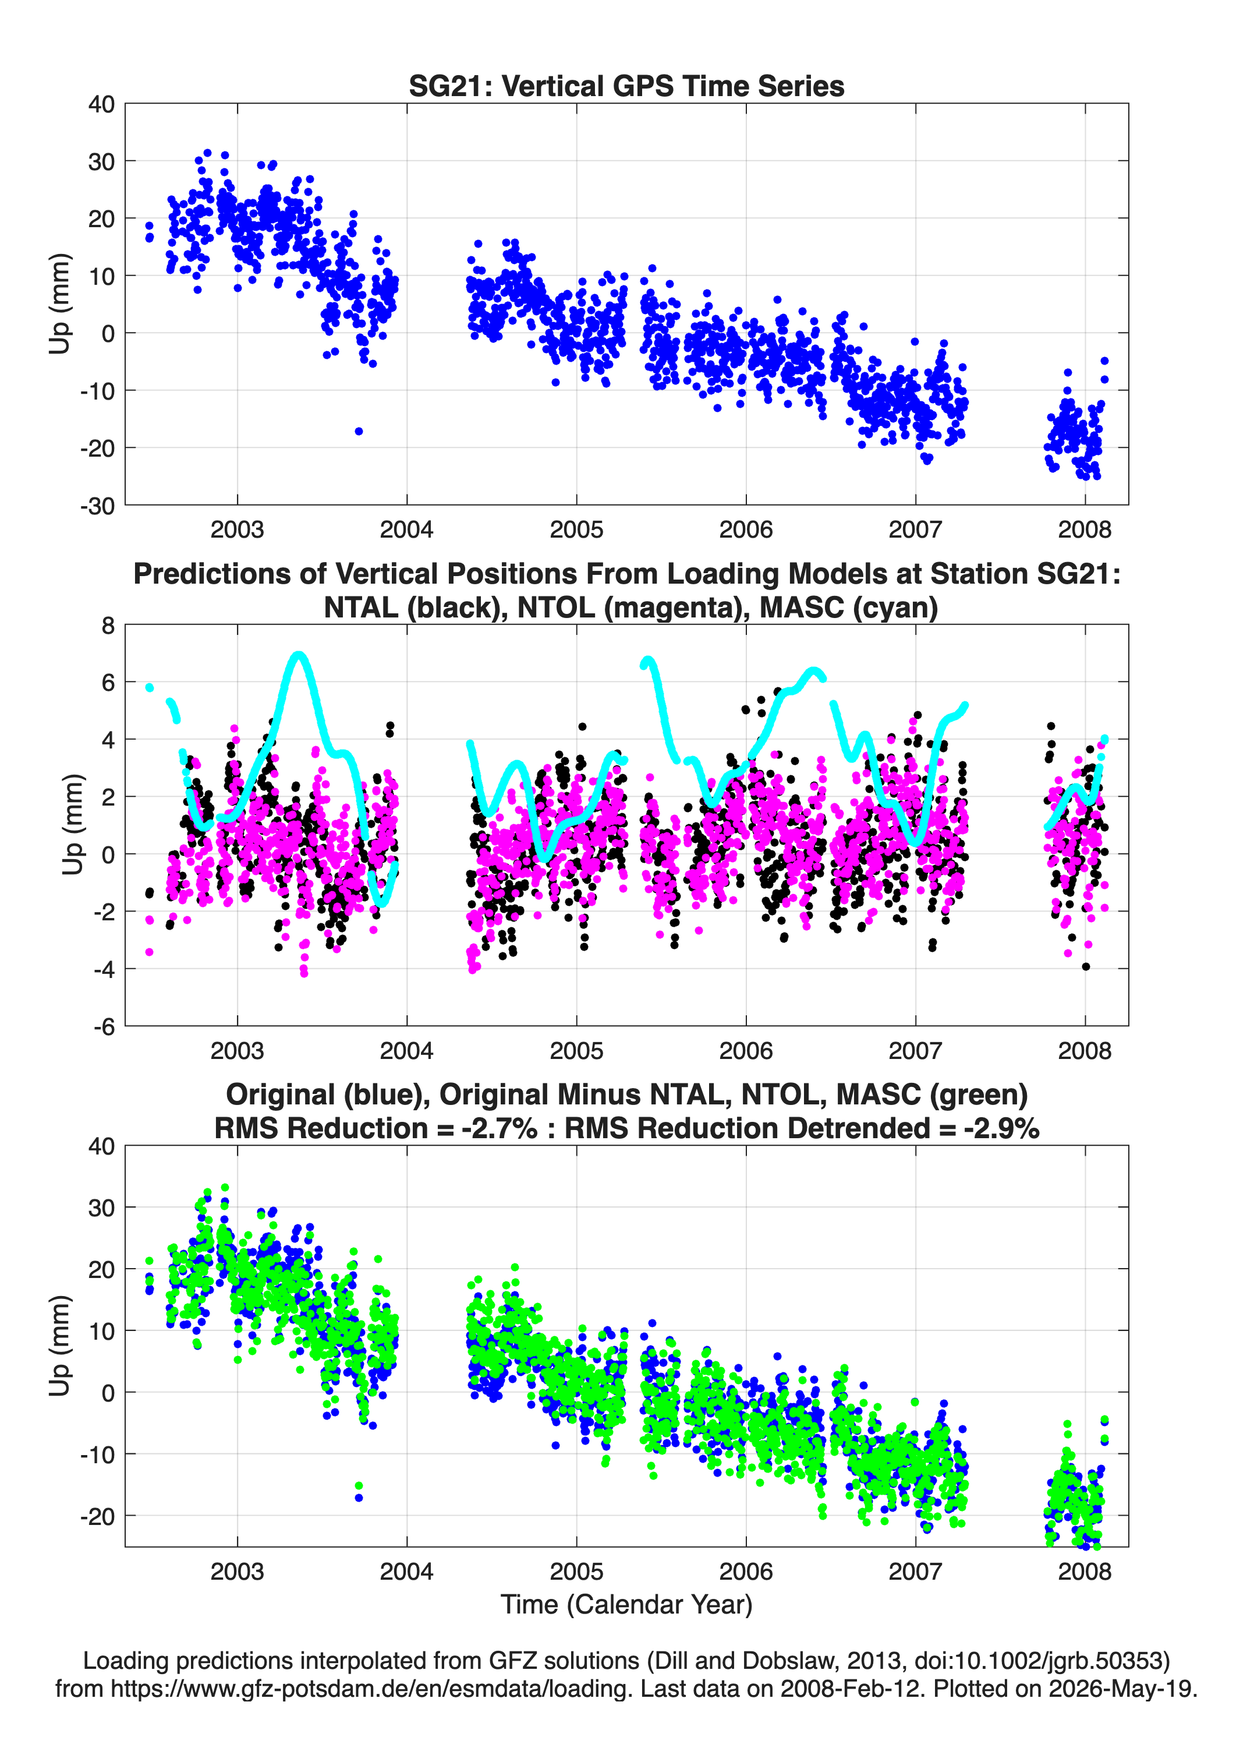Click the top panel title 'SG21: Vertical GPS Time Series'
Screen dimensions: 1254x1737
coord(626,86)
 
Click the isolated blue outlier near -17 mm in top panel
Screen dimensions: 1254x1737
coord(358,431)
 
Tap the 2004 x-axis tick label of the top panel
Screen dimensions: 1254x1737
coord(406,529)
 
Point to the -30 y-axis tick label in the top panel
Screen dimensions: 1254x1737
coord(97,506)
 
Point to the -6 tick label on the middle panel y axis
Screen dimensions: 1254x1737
coord(104,1026)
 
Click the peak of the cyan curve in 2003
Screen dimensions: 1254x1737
coord(299,655)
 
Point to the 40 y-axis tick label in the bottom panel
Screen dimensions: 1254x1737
coord(101,1146)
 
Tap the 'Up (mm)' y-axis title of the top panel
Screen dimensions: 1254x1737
coord(60,303)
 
